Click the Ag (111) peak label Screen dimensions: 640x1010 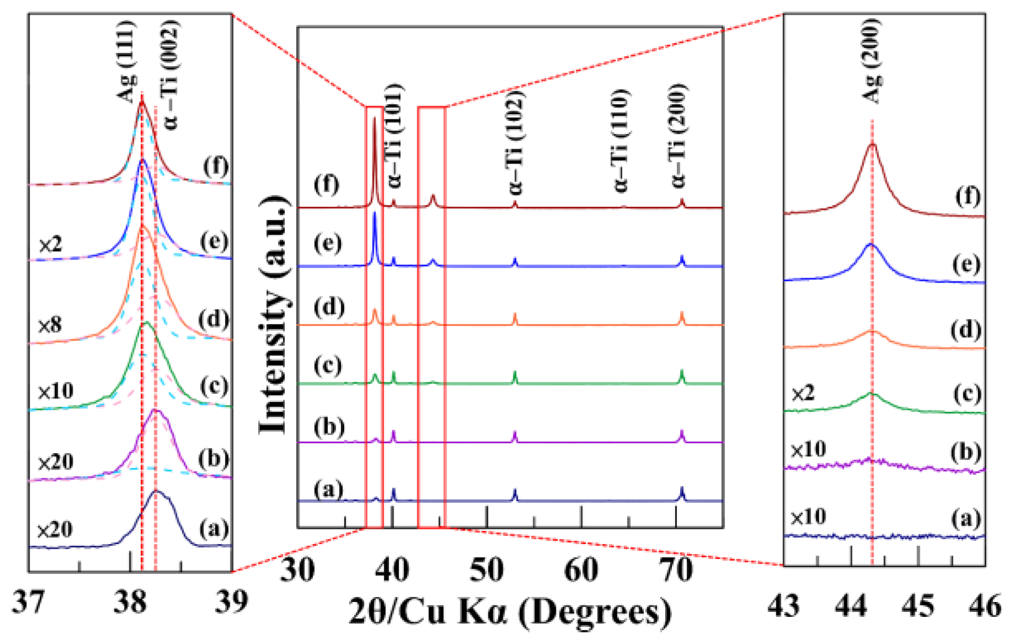126,62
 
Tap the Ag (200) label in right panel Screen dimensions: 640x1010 872,62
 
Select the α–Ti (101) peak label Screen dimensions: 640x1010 394,135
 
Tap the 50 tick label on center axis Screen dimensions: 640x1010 487,571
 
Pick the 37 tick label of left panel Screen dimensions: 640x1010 29,602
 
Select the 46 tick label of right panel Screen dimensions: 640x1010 985,606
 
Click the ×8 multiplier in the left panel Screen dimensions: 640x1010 50,325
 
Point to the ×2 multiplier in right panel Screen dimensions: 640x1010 803,393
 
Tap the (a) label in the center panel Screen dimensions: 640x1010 328,489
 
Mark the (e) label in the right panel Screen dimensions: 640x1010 966,265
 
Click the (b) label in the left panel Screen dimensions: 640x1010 214,459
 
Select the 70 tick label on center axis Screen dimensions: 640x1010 676,571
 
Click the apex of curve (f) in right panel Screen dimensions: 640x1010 872,144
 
